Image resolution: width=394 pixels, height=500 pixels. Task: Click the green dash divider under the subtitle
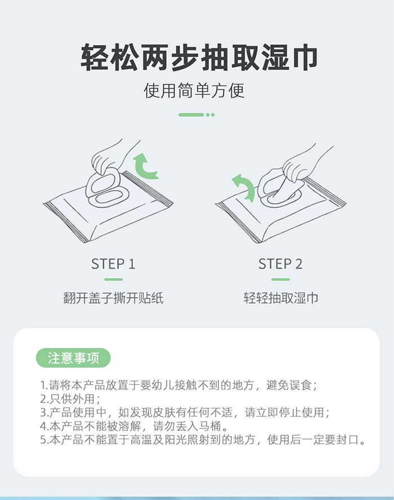coord(196,115)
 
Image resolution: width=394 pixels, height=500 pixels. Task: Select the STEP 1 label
coord(113,264)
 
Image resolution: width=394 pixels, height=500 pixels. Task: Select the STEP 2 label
coord(280,264)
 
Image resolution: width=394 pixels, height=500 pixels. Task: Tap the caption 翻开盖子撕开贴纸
coord(113,298)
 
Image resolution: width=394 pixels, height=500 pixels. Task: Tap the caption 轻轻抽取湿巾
coord(280,298)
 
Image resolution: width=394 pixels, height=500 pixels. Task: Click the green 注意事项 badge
coord(73,358)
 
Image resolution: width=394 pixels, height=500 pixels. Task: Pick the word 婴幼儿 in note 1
coord(160,386)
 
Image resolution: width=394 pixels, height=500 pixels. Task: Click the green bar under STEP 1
coord(113,279)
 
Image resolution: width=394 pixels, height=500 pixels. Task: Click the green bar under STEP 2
coord(280,279)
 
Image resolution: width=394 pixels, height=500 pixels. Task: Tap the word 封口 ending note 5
coord(347,439)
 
